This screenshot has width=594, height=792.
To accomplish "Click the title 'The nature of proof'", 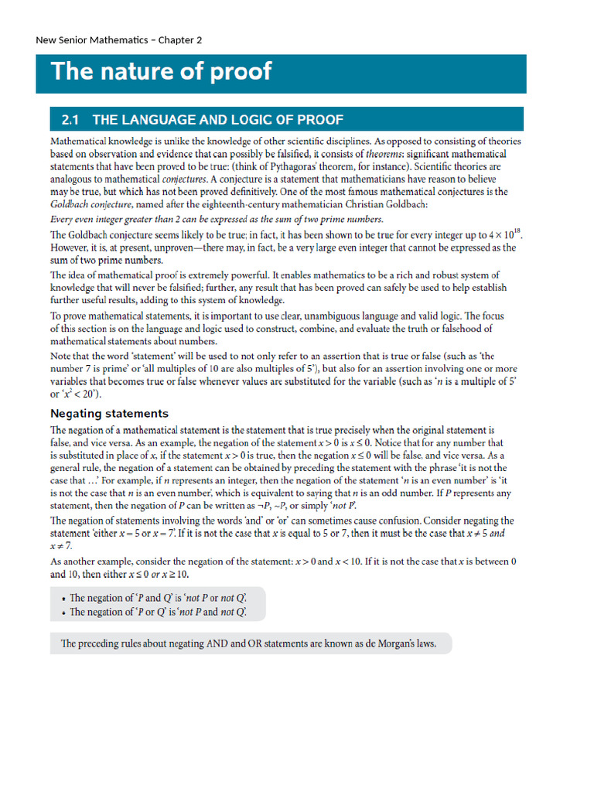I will (x=161, y=71).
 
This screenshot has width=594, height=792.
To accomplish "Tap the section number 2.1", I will (x=70, y=119).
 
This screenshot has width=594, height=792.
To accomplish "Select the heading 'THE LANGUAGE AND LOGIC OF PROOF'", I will (x=217, y=119).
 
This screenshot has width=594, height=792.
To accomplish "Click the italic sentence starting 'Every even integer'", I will (x=217, y=219).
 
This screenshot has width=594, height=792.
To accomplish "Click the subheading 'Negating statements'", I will (x=109, y=413).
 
